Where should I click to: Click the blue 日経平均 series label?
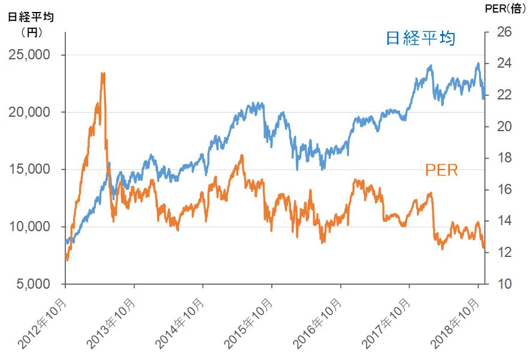coord(420,40)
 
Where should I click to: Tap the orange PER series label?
coord(441,170)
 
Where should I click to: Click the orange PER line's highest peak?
coord(103,74)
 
